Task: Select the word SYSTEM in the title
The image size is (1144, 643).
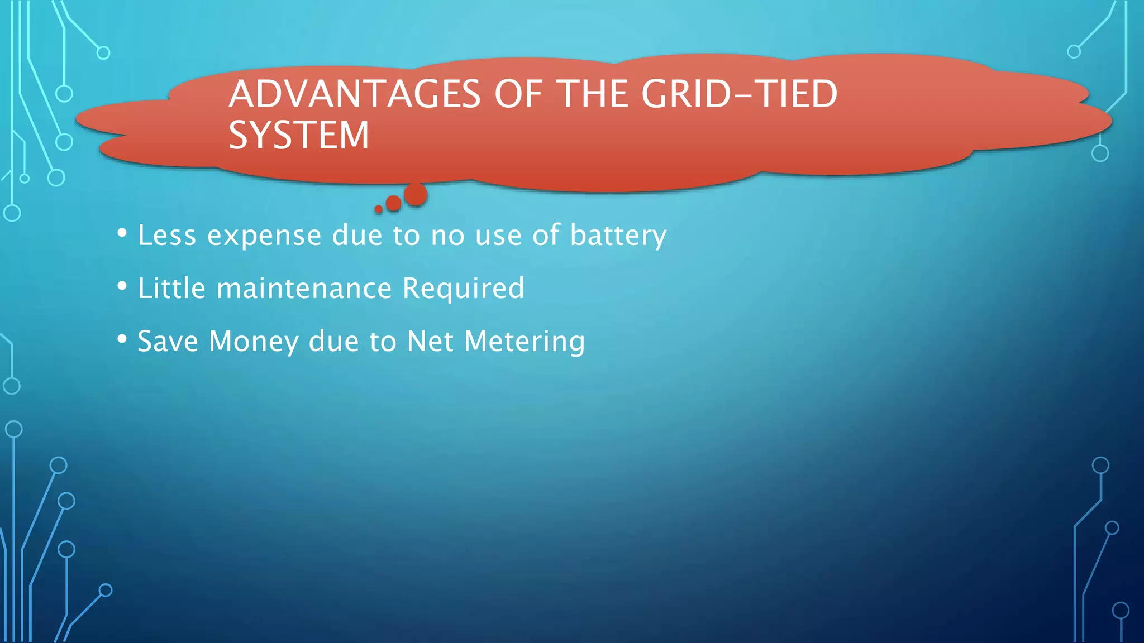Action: point(299,136)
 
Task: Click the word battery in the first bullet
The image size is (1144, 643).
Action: point(618,236)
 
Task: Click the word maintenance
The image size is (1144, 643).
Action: point(304,289)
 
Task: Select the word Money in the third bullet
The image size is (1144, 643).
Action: point(254,342)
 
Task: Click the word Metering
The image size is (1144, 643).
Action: point(525,342)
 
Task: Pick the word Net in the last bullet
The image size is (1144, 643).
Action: point(430,342)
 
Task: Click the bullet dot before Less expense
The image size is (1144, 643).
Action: point(122,232)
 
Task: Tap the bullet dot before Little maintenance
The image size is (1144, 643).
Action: point(122,286)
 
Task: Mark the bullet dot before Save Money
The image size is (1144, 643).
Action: point(122,339)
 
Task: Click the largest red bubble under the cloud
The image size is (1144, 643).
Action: point(416,195)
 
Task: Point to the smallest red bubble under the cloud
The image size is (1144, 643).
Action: point(379,209)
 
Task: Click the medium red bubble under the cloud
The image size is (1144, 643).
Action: point(394,203)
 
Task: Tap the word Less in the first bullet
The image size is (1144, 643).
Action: point(167,236)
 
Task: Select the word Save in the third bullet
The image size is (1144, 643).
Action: point(168,342)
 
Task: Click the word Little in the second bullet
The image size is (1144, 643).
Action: point(171,289)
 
